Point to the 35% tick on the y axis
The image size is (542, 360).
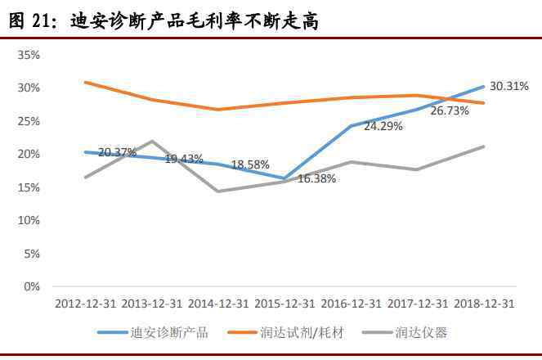pyautogui.click(x=29, y=54)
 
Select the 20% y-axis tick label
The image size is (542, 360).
pyautogui.click(x=29, y=154)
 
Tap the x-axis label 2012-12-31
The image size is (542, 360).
pyautogui.click(x=85, y=304)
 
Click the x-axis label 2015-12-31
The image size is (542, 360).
pyautogui.click(x=285, y=304)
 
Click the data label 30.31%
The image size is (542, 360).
pyautogui.click(x=508, y=86)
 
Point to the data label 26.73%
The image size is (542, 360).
pyautogui.click(x=450, y=110)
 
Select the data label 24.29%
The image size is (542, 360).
pyautogui.click(x=383, y=127)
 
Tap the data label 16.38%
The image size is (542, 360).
pyautogui.click(x=316, y=178)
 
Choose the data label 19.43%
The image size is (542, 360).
pyautogui.click(x=184, y=159)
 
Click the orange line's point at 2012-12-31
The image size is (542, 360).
pyautogui.click(x=85, y=82)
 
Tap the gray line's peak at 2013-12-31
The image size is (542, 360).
pyautogui.click(x=152, y=141)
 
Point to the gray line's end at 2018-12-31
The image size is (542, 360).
pyautogui.click(x=484, y=146)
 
